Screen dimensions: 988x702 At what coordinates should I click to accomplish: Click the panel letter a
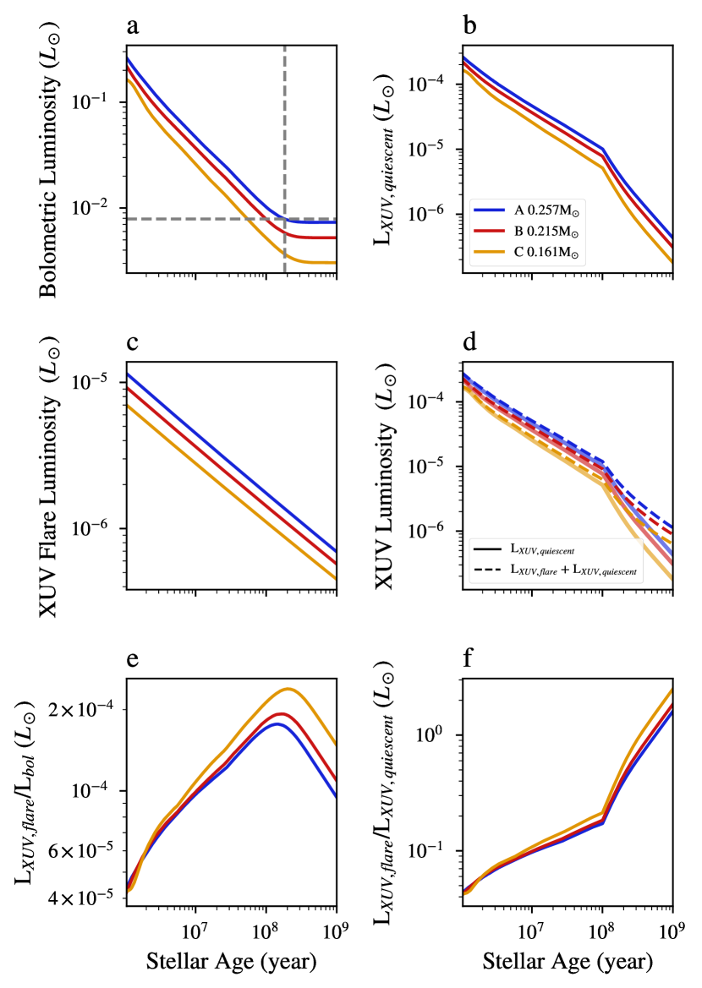coord(133,25)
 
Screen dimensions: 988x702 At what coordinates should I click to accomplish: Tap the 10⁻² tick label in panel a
coord(99,208)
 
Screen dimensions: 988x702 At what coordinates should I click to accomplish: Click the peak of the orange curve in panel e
coord(288,689)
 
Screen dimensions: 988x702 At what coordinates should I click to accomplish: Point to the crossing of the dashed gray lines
coord(284,219)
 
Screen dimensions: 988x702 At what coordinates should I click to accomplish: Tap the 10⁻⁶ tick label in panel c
coord(99,529)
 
